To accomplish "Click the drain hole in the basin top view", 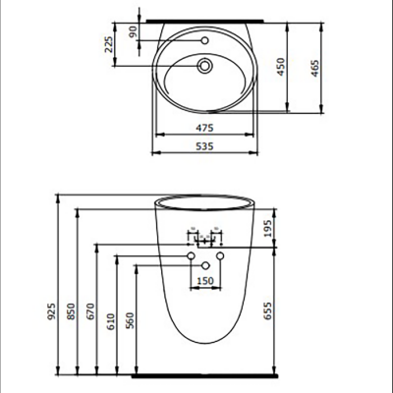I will (x=205, y=66).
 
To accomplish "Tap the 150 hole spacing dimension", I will (x=205, y=281).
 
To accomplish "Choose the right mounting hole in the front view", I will (x=220, y=256).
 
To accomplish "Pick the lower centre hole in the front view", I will (x=205, y=265).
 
